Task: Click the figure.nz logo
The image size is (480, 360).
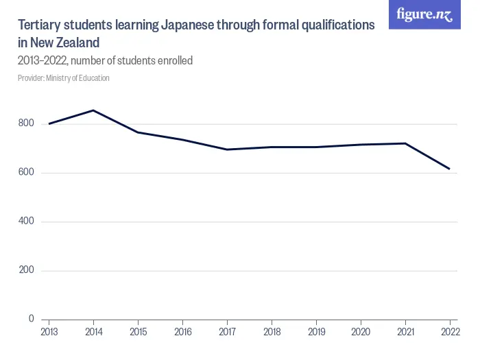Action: tap(425, 14)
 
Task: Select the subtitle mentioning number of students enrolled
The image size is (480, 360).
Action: tap(105, 60)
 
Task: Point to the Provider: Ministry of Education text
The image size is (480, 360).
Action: tap(64, 78)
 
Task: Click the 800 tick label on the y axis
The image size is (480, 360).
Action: tap(26, 123)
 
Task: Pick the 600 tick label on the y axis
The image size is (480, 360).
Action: tap(26, 172)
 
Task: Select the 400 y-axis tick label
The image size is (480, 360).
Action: tap(26, 221)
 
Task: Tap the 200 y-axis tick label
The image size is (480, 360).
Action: tap(26, 270)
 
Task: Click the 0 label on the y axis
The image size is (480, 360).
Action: tap(31, 319)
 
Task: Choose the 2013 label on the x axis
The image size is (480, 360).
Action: tap(49, 333)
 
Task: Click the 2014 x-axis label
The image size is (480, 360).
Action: tap(93, 333)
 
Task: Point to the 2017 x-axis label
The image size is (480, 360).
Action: tap(227, 333)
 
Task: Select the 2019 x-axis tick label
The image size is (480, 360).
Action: tap(316, 333)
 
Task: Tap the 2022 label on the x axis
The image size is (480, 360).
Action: tap(449, 333)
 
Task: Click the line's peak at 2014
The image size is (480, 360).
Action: tap(93, 110)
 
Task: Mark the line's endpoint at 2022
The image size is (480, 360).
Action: tap(449, 169)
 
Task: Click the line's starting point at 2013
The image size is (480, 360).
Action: tap(49, 123)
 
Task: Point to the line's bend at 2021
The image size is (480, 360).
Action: tap(405, 143)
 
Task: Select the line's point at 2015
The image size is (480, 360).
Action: tap(138, 132)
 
